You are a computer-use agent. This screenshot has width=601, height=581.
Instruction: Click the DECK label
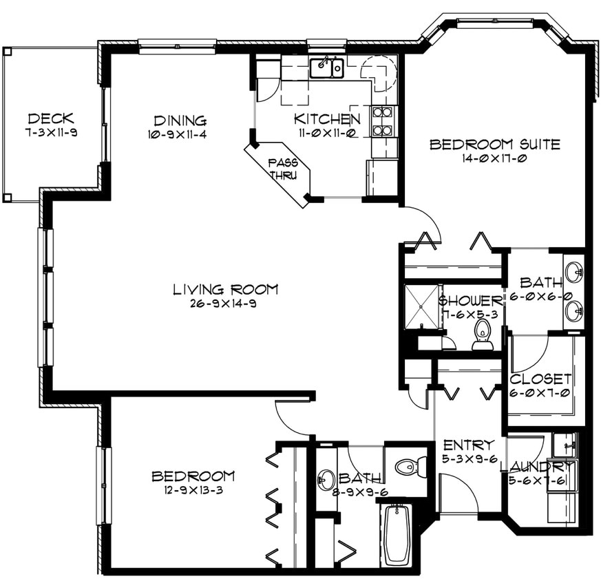[51, 118]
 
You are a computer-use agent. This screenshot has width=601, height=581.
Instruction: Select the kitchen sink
[326, 68]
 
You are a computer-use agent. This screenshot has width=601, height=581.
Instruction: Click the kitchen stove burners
[381, 120]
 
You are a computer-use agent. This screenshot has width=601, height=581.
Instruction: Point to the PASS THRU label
[282, 169]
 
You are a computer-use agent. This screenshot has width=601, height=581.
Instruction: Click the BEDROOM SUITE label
[494, 145]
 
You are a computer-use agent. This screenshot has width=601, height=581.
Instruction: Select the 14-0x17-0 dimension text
[494, 158]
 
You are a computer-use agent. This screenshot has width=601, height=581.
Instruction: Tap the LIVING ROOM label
[225, 288]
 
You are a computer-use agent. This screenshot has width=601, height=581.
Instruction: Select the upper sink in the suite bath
[574, 272]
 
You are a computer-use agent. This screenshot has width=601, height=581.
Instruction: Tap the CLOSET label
[540, 379]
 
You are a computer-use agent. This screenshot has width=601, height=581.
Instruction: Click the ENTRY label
[468, 444]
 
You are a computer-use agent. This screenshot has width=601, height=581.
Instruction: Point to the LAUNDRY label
[536, 467]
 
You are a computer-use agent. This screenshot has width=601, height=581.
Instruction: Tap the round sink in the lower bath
[326, 480]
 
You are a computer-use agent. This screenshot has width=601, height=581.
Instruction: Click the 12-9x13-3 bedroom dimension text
[193, 490]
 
